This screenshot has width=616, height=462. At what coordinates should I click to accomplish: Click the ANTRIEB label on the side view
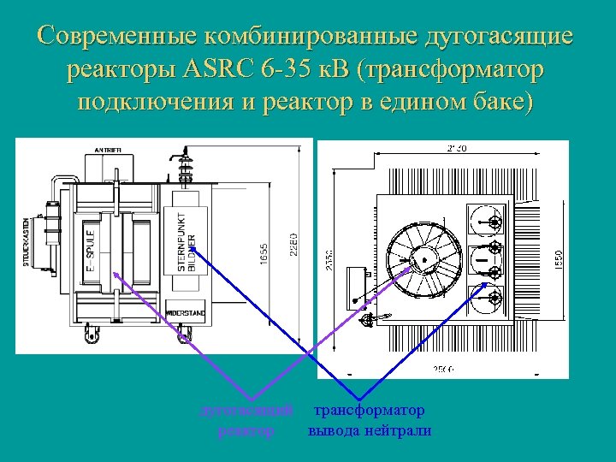pos(109,151)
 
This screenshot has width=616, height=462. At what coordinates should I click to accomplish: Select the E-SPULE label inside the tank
pos(90,252)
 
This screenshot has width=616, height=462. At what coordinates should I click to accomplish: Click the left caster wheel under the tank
pos(90,336)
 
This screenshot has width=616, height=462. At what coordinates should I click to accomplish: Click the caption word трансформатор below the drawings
pos(370,412)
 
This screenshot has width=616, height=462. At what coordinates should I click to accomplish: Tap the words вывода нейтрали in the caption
pos(370,430)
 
